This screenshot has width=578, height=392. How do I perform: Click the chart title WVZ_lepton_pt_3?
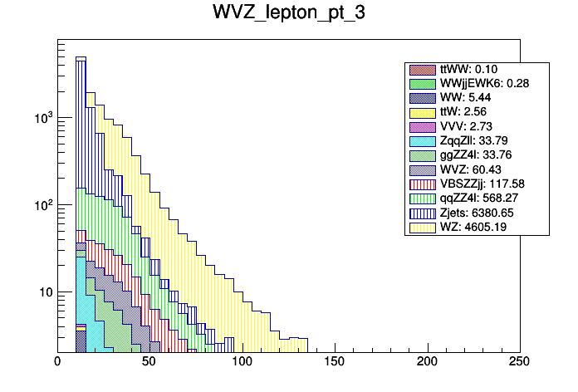coord(289,17)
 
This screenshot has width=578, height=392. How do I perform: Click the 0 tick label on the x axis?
coord(57,362)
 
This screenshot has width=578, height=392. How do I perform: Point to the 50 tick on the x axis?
coord(149,362)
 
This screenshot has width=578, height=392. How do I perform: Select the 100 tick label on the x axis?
coord(242,362)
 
